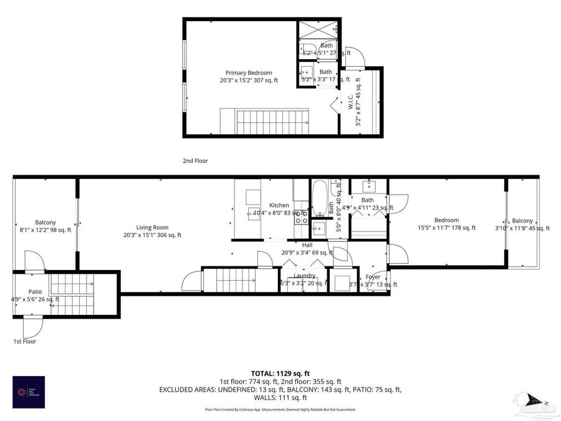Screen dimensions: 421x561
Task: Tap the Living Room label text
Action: pyautogui.click(x=153, y=228)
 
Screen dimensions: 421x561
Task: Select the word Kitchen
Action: pyautogui.click(x=279, y=205)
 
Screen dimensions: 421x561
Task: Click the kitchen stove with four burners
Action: pyautogui.click(x=301, y=217)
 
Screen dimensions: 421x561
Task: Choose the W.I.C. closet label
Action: pyautogui.click(x=351, y=103)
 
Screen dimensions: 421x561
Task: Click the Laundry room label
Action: pyautogui.click(x=304, y=276)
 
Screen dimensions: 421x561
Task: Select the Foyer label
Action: pyautogui.click(x=373, y=277)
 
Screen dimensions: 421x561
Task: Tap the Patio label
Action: pyautogui.click(x=34, y=291)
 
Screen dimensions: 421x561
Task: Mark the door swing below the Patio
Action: pyautogui.click(x=32, y=326)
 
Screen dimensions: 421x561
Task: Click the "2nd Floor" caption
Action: pyautogui.click(x=195, y=161)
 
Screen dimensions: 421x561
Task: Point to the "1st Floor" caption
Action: pyautogui.click(x=25, y=342)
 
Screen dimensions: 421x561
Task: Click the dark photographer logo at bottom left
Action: pyautogui.click(x=29, y=391)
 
